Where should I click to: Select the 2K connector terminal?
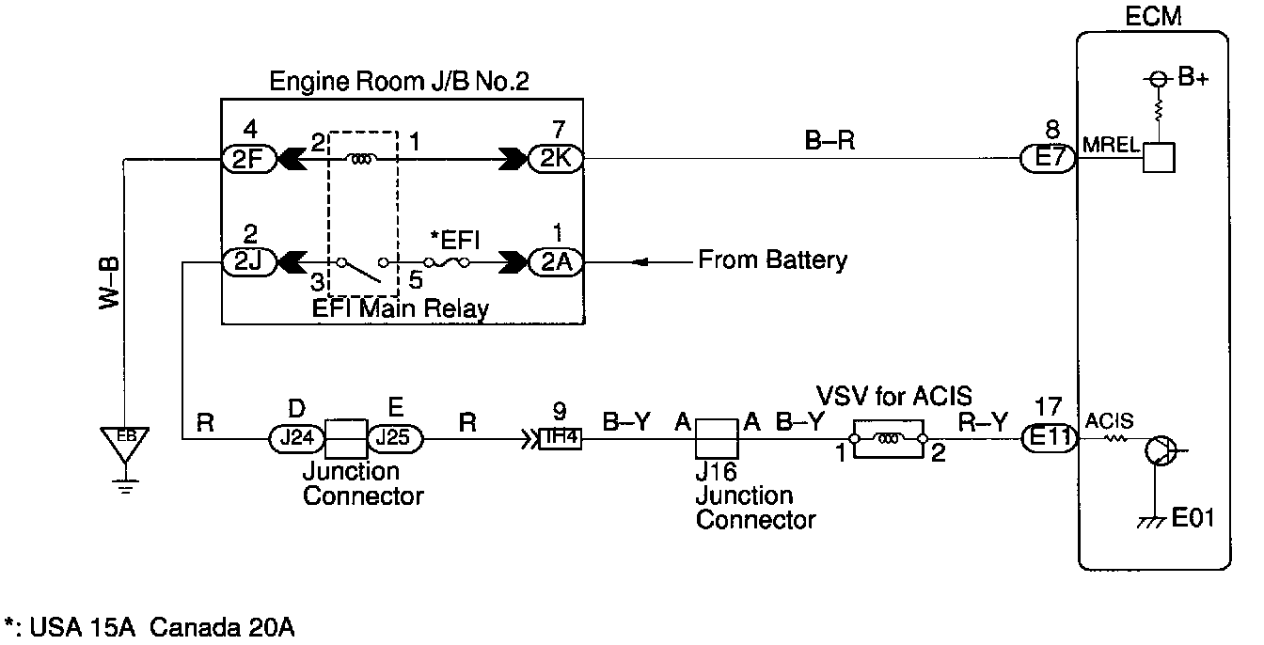click(555, 160)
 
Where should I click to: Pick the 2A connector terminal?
click(555, 262)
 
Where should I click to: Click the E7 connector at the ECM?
click(1048, 160)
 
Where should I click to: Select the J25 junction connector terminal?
click(395, 437)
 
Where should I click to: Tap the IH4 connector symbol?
click(561, 437)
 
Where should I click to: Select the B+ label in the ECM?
click(1193, 78)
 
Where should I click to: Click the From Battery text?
click(772, 260)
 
